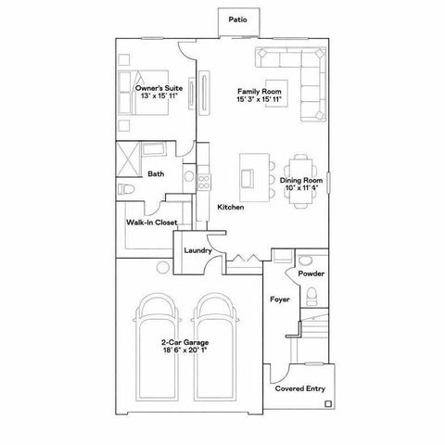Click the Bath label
[158, 173]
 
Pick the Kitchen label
[230, 208]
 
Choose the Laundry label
[197, 250]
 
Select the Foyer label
[278, 300]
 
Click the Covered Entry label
[300, 389]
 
